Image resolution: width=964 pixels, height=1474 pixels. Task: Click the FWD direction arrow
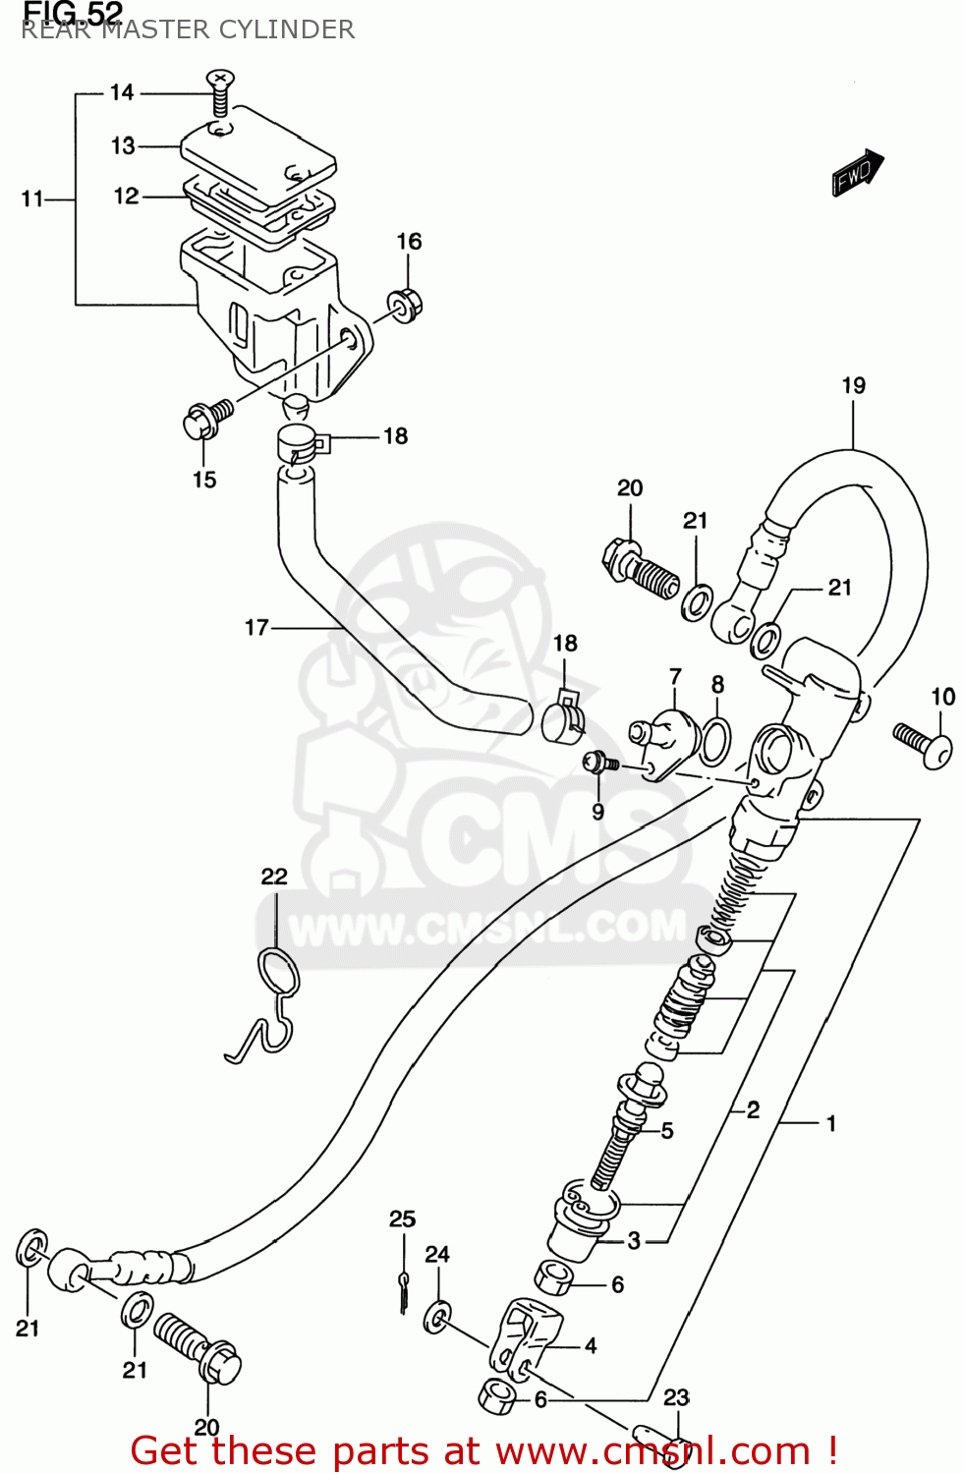(x=857, y=173)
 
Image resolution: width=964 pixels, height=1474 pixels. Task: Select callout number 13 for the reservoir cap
(x=123, y=146)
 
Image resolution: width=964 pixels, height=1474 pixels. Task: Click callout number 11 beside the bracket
(x=32, y=199)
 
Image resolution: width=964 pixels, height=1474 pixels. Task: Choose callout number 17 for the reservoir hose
(x=256, y=627)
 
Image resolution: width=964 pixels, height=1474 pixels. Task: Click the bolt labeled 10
(x=923, y=743)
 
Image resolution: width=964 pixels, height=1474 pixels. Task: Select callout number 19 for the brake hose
(x=853, y=385)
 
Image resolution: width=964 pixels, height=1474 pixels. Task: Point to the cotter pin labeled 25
(x=404, y=1288)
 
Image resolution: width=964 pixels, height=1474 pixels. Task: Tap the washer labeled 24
(x=437, y=1317)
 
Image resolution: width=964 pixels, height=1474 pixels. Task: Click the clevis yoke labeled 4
(x=525, y=1336)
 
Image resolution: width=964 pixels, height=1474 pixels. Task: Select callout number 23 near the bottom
(x=676, y=1397)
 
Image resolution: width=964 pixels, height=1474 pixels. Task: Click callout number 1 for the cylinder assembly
(x=831, y=1122)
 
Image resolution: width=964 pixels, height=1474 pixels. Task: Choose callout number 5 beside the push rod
(x=667, y=1131)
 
